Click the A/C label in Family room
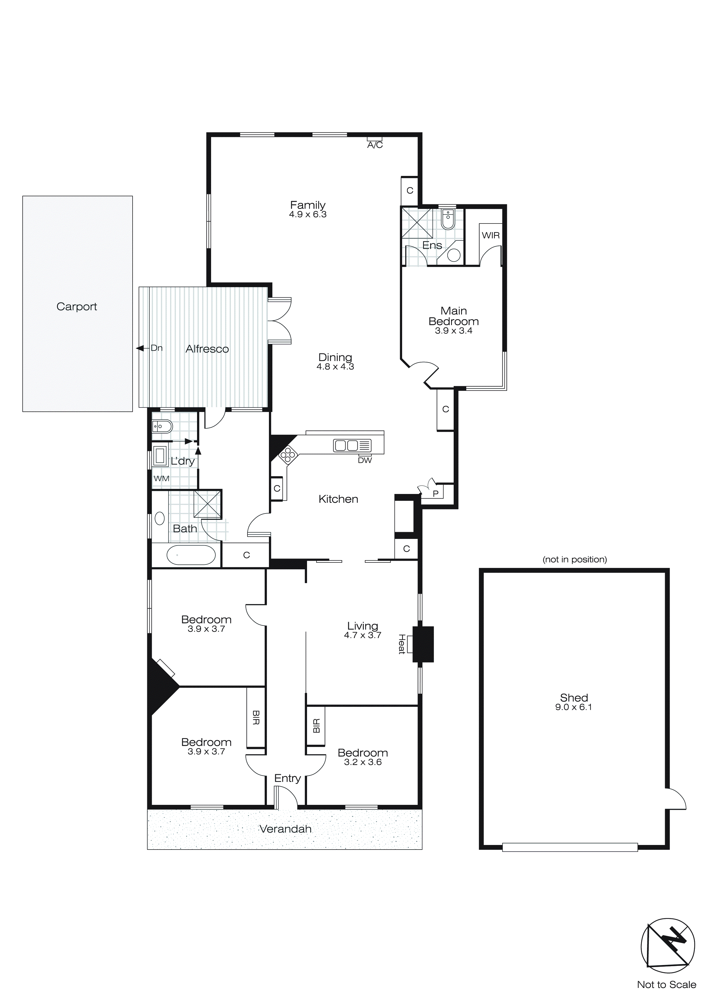click(375, 145)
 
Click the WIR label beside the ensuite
click(491, 235)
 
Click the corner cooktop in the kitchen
click(288, 455)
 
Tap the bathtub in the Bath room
click(191, 555)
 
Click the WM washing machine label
click(161, 479)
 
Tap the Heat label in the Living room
click(401, 644)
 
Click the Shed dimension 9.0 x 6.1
click(573, 707)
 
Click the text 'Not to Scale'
click(666, 984)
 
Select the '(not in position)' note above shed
click(575, 559)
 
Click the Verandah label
click(285, 829)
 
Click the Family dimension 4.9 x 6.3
click(308, 214)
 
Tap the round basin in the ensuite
click(454, 255)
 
